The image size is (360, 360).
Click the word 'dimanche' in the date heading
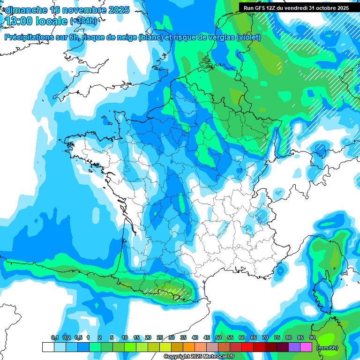pyautogui.click(x=26, y=10)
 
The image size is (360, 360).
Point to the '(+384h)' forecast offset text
pyautogui.click(x=83, y=21)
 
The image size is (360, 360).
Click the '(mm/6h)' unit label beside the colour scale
pyautogui.click(x=327, y=348)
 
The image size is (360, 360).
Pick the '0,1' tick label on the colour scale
pyautogui.click(x=54, y=337)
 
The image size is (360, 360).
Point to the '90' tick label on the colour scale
pyautogui.click(x=312, y=337)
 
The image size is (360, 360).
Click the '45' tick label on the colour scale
pyautogui.click(x=207, y=337)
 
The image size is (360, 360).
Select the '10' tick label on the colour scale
pyautogui.click(x=125, y=337)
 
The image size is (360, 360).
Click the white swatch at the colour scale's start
pyautogui.click(x=48, y=347)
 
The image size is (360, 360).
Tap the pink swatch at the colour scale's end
pyautogui.click(x=306, y=347)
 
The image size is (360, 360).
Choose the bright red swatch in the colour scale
pyautogui.click(x=247, y=347)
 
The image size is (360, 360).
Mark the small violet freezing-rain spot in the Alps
pyautogui.click(x=258, y=218)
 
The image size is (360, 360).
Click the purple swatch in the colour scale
pyautogui.click(x=294, y=347)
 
